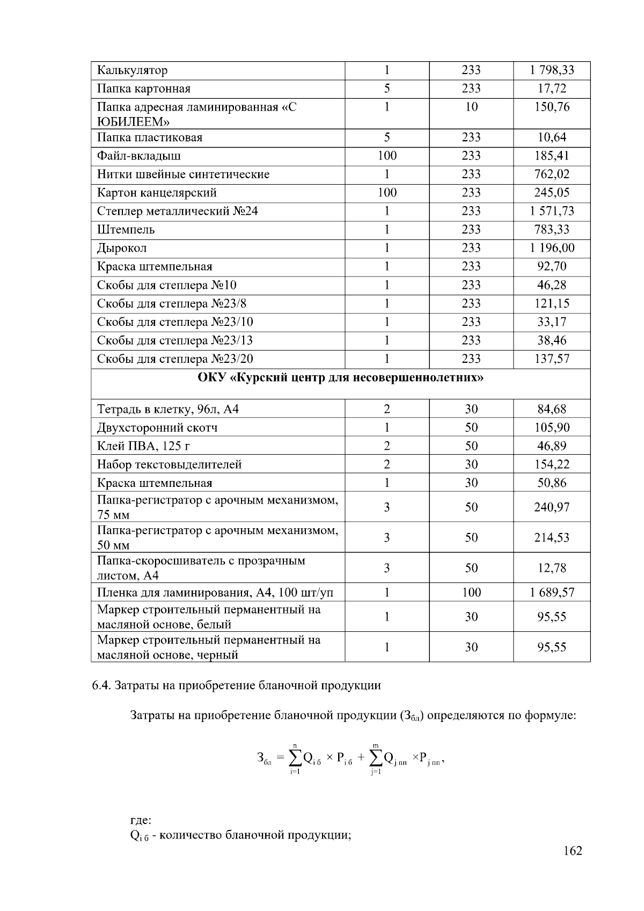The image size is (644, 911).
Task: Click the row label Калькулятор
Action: click(x=132, y=70)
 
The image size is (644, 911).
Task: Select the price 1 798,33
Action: click(x=552, y=70)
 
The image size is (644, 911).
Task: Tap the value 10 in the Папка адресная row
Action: click(x=471, y=107)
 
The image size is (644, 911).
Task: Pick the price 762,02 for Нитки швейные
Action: click(x=552, y=174)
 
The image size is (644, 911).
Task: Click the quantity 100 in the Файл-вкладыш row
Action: click(x=386, y=156)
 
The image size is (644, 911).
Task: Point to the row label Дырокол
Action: click(x=122, y=248)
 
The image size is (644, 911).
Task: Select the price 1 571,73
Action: click(x=552, y=211)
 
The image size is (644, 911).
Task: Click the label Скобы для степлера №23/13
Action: click(x=174, y=340)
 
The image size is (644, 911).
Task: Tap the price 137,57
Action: click(x=552, y=359)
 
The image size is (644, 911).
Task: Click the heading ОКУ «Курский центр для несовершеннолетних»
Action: click(x=341, y=377)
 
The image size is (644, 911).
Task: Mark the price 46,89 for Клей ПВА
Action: click(x=552, y=446)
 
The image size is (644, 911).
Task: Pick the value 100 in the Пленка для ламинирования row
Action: click(x=471, y=593)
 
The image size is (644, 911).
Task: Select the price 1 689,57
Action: click(x=552, y=593)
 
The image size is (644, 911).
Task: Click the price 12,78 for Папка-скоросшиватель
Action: click(x=552, y=568)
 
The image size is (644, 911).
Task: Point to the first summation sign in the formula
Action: click(x=295, y=758)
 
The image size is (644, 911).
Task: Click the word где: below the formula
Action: click(x=141, y=821)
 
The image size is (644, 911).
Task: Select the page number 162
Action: click(x=573, y=851)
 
